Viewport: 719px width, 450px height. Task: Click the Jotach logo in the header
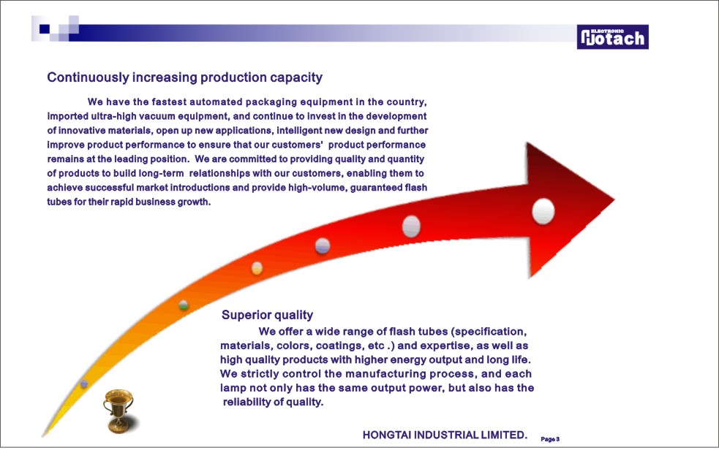pyautogui.click(x=613, y=37)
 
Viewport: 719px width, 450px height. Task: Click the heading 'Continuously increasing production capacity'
pyautogui.click(x=185, y=77)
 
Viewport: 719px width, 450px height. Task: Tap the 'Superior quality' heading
pyautogui.click(x=267, y=315)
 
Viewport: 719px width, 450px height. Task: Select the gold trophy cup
pyautogui.click(x=118, y=411)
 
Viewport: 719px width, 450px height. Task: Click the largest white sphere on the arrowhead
pyautogui.click(x=543, y=212)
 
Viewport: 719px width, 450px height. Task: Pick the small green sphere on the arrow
pyautogui.click(x=184, y=305)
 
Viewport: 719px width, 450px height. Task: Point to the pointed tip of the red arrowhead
pyautogui.click(x=614, y=199)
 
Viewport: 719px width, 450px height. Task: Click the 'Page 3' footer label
pyautogui.click(x=550, y=439)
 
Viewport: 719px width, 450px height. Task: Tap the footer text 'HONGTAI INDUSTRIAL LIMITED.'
pyautogui.click(x=445, y=435)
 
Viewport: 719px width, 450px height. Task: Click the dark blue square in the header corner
pyautogui.click(x=45, y=29)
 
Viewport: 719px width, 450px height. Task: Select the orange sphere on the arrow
pyautogui.click(x=257, y=268)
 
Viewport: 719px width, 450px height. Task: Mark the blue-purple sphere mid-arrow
pyautogui.click(x=323, y=246)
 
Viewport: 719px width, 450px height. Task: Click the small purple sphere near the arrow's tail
pyautogui.click(x=84, y=384)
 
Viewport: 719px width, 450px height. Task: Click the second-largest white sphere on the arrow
pyautogui.click(x=411, y=226)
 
